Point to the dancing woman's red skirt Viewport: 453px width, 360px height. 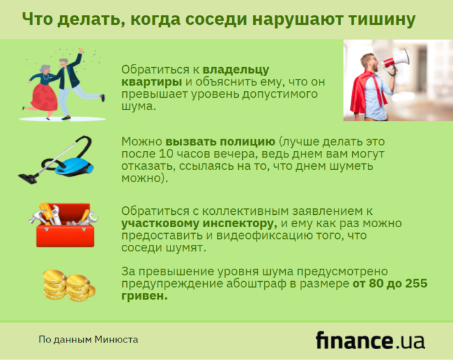[44, 97]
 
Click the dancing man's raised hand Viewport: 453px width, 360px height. [81, 51]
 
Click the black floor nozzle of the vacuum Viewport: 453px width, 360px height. [28, 178]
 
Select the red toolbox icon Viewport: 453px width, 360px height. [65, 225]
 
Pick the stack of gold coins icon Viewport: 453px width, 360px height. [69, 285]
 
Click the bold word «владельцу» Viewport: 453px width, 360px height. [236, 70]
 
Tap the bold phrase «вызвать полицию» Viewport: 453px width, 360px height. [220, 141]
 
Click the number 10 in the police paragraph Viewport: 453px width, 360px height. [165, 154]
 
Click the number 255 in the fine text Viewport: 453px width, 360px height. [416, 283]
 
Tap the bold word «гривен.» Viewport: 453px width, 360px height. [144, 296]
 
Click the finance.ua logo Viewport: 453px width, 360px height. [370, 340]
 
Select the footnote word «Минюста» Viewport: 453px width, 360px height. [116, 339]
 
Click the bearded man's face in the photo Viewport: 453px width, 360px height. [371, 63]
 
